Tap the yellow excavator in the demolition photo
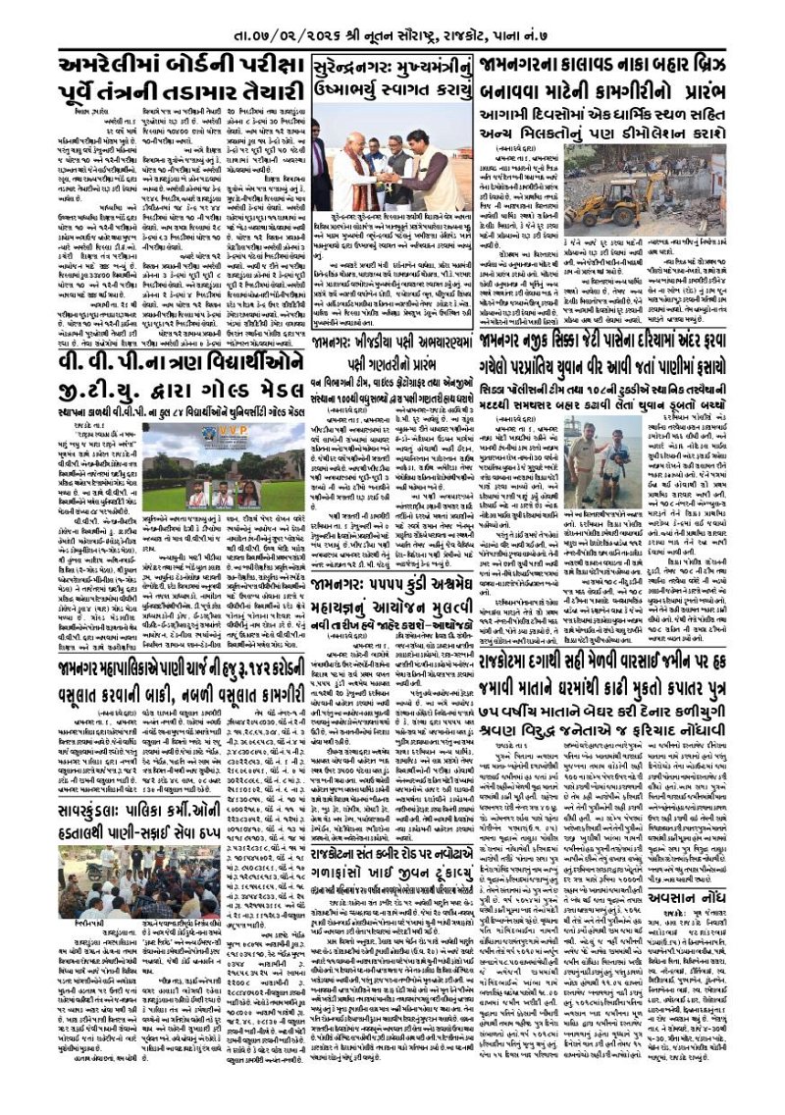coord(615,193)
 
